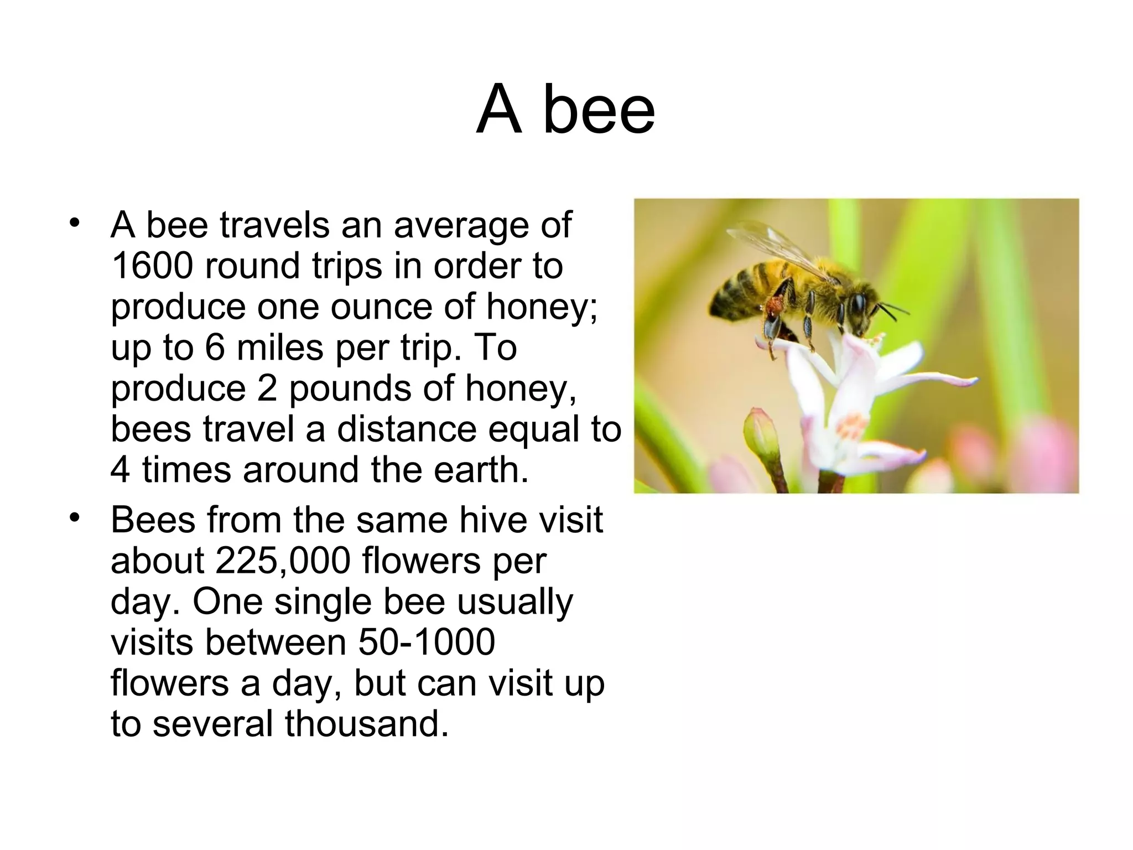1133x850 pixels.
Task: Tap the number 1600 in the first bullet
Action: pos(152,266)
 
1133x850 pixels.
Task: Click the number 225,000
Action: pos(283,561)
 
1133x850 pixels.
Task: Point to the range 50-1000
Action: pos(427,642)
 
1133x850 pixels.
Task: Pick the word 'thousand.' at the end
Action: pos(366,724)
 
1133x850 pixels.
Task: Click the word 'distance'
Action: pos(406,429)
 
